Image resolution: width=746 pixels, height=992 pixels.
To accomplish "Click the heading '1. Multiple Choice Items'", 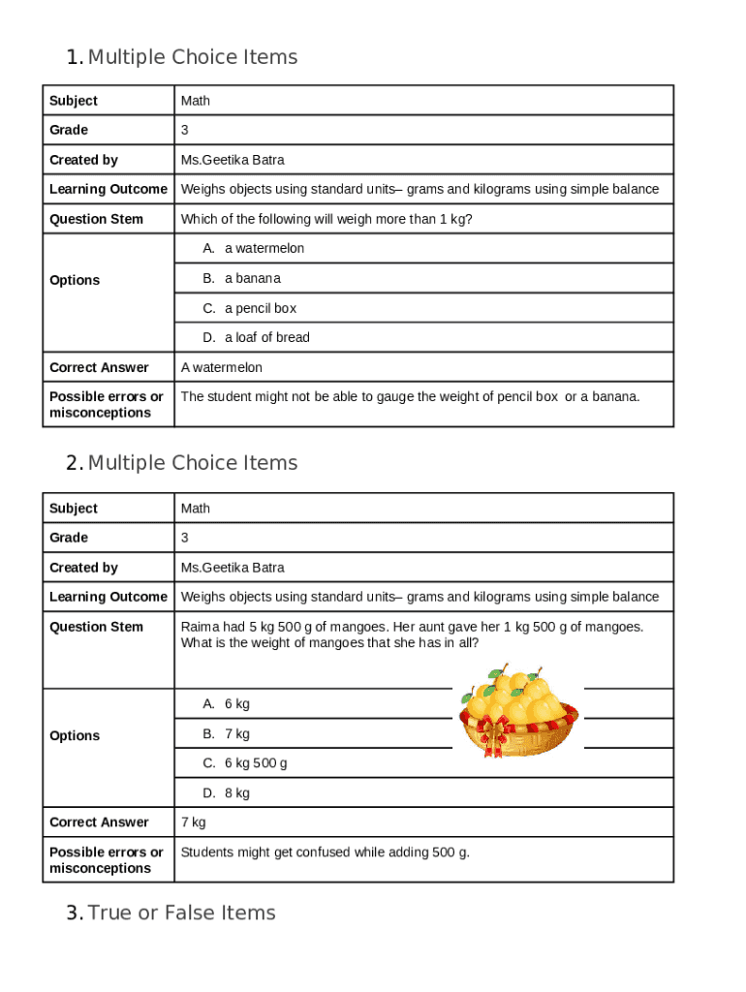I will point(182,57).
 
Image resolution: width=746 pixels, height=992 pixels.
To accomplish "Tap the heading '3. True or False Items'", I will point(171,913).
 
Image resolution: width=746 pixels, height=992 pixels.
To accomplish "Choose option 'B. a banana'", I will point(241,278).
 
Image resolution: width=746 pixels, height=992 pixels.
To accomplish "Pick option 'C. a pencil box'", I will point(249,308).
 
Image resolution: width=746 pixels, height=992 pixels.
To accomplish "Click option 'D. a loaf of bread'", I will point(256,337).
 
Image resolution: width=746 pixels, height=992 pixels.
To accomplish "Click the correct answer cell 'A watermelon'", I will point(222,367).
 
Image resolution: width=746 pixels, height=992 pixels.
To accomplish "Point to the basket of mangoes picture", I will point(517,711).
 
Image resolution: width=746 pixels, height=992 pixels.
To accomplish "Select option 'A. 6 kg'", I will point(226,703).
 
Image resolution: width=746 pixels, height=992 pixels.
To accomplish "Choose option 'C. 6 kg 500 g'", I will point(244,762).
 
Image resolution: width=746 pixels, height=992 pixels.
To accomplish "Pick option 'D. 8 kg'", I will point(226,792).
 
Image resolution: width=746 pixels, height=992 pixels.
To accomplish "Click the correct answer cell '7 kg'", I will point(194,821).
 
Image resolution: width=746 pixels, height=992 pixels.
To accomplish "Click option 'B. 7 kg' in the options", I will point(226,733).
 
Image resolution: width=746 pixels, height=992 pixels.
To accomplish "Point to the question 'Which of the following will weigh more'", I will point(326,219).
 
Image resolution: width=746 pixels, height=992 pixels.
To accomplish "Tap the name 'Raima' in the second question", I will point(199,627).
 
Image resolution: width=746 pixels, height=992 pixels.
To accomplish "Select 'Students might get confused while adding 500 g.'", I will point(326,852).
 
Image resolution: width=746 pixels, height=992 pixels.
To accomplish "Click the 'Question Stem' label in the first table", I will point(96,219).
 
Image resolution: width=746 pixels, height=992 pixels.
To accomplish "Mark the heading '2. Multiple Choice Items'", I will point(182,463).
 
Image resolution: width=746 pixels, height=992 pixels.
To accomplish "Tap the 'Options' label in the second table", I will point(75,735).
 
